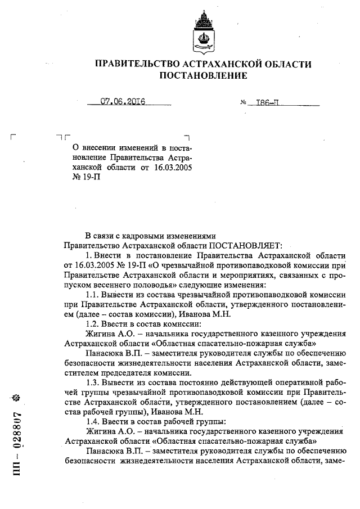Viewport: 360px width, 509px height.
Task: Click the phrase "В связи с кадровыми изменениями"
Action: coord(150,236)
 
